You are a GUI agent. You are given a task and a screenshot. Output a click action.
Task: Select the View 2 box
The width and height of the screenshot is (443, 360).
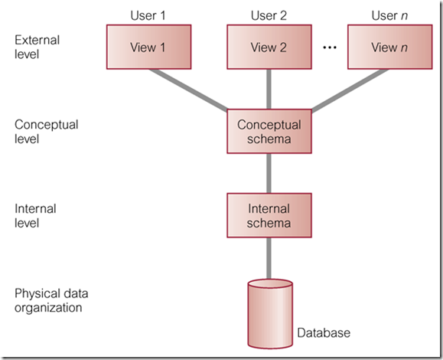[x=269, y=47]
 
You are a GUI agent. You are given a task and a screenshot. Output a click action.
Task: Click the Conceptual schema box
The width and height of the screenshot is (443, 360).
[x=269, y=131]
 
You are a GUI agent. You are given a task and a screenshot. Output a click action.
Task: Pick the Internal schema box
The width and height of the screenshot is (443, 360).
[x=269, y=214]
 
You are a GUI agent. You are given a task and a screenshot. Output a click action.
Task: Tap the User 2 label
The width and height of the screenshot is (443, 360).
[x=269, y=14]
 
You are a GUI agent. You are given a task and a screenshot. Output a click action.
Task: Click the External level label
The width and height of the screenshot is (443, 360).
[x=36, y=47]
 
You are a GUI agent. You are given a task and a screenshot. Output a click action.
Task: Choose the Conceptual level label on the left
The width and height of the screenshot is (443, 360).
[x=45, y=131]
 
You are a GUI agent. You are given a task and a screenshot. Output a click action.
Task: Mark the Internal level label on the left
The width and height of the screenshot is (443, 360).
[x=35, y=215]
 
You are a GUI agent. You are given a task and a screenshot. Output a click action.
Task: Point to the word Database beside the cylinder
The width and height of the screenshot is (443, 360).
[x=324, y=333]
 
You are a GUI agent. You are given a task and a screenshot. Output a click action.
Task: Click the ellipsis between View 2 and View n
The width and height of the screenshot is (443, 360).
[x=330, y=48]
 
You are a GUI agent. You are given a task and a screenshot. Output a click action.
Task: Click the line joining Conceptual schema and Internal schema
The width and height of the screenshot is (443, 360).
[x=269, y=172]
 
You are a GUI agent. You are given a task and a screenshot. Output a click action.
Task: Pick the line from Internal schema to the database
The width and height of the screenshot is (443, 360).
[x=269, y=257]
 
